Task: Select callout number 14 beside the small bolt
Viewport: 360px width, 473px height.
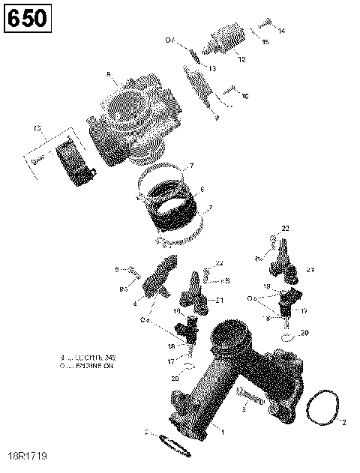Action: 281,31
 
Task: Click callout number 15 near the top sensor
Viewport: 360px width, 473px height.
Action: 265,42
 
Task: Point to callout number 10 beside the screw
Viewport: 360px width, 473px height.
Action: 244,96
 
